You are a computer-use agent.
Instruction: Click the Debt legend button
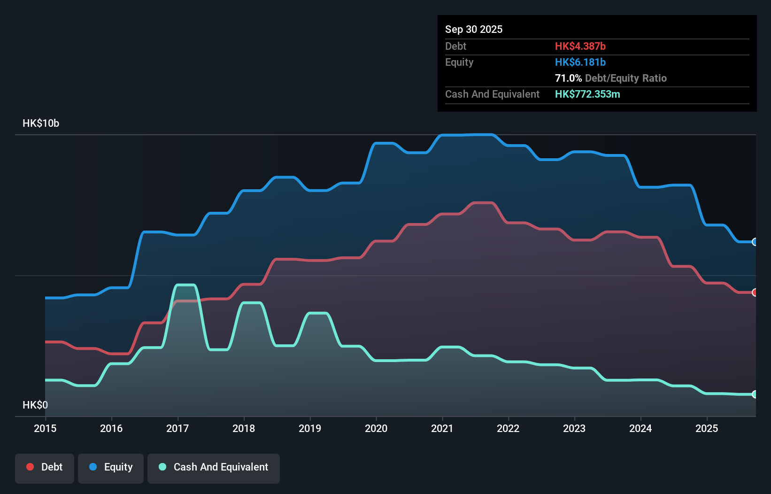[45, 467]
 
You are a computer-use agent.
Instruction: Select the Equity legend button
[111, 467]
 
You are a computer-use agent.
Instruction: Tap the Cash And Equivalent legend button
[214, 467]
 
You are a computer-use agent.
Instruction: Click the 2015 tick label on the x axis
[45, 428]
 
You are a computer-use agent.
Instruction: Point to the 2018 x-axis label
[244, 428]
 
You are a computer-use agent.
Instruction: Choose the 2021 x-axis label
[442, 428]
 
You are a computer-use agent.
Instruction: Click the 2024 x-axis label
[640, 428]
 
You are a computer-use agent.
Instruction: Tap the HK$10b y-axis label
[41, 123]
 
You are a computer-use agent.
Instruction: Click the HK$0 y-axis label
[35, 405]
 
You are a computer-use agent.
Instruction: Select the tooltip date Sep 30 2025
[474, 29]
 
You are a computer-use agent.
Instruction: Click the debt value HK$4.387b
[580, 46]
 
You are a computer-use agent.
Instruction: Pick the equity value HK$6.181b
[580, 62]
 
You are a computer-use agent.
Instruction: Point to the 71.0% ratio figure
[568, 78]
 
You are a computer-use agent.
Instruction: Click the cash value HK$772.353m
[587, 94]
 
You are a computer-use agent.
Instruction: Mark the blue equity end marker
[755, 242]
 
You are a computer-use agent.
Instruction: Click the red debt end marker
[755, 293]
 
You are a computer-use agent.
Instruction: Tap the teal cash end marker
[755, 394]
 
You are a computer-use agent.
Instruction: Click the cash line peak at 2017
[185, 285]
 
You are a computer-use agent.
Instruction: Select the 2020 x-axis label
[376, 428]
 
